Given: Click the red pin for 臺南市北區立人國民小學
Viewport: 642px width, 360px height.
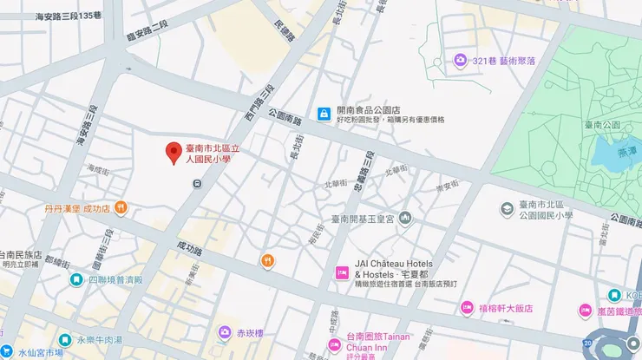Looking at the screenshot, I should tap(174, 153).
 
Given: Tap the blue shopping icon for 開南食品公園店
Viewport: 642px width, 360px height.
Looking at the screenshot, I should tap(324, 113).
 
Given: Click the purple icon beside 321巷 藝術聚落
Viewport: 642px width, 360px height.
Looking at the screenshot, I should tap(461, 60).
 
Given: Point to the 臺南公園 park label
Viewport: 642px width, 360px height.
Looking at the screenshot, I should tap(602, 125).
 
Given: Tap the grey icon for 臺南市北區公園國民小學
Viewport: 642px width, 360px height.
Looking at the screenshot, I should tap(508, 208).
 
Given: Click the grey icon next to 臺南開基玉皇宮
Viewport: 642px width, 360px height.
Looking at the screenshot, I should tap(405, 218).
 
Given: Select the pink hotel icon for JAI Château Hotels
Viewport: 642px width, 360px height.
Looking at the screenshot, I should tap(342, 274).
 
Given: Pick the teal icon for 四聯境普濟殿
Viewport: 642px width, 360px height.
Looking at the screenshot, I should tap(77, 279).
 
